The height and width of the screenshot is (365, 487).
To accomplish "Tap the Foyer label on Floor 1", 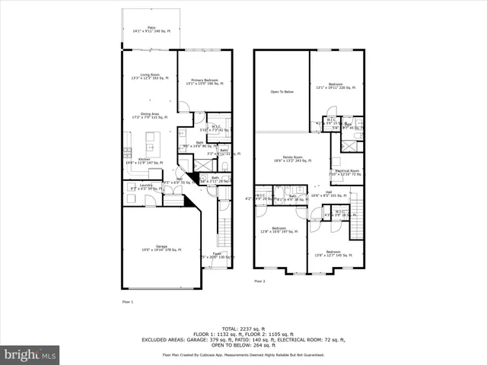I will pyautogui.click(x=216, y=254).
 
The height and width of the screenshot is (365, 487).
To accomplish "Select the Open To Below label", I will pyautogui.click(x=282, y=92).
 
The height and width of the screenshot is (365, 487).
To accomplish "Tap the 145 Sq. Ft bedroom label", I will pyautogui.click(x=333, y=253).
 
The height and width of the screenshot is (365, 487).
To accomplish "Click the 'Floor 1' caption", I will pyautogui.click(x=128, y=302).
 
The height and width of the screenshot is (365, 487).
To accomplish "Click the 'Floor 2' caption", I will pyautogui.click(x=260, y=281).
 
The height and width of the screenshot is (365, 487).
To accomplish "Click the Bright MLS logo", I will pyautogui.click(x=30, y=354).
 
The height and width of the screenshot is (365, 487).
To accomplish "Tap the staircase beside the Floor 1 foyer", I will pyautogui.click(x=223, y=228).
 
